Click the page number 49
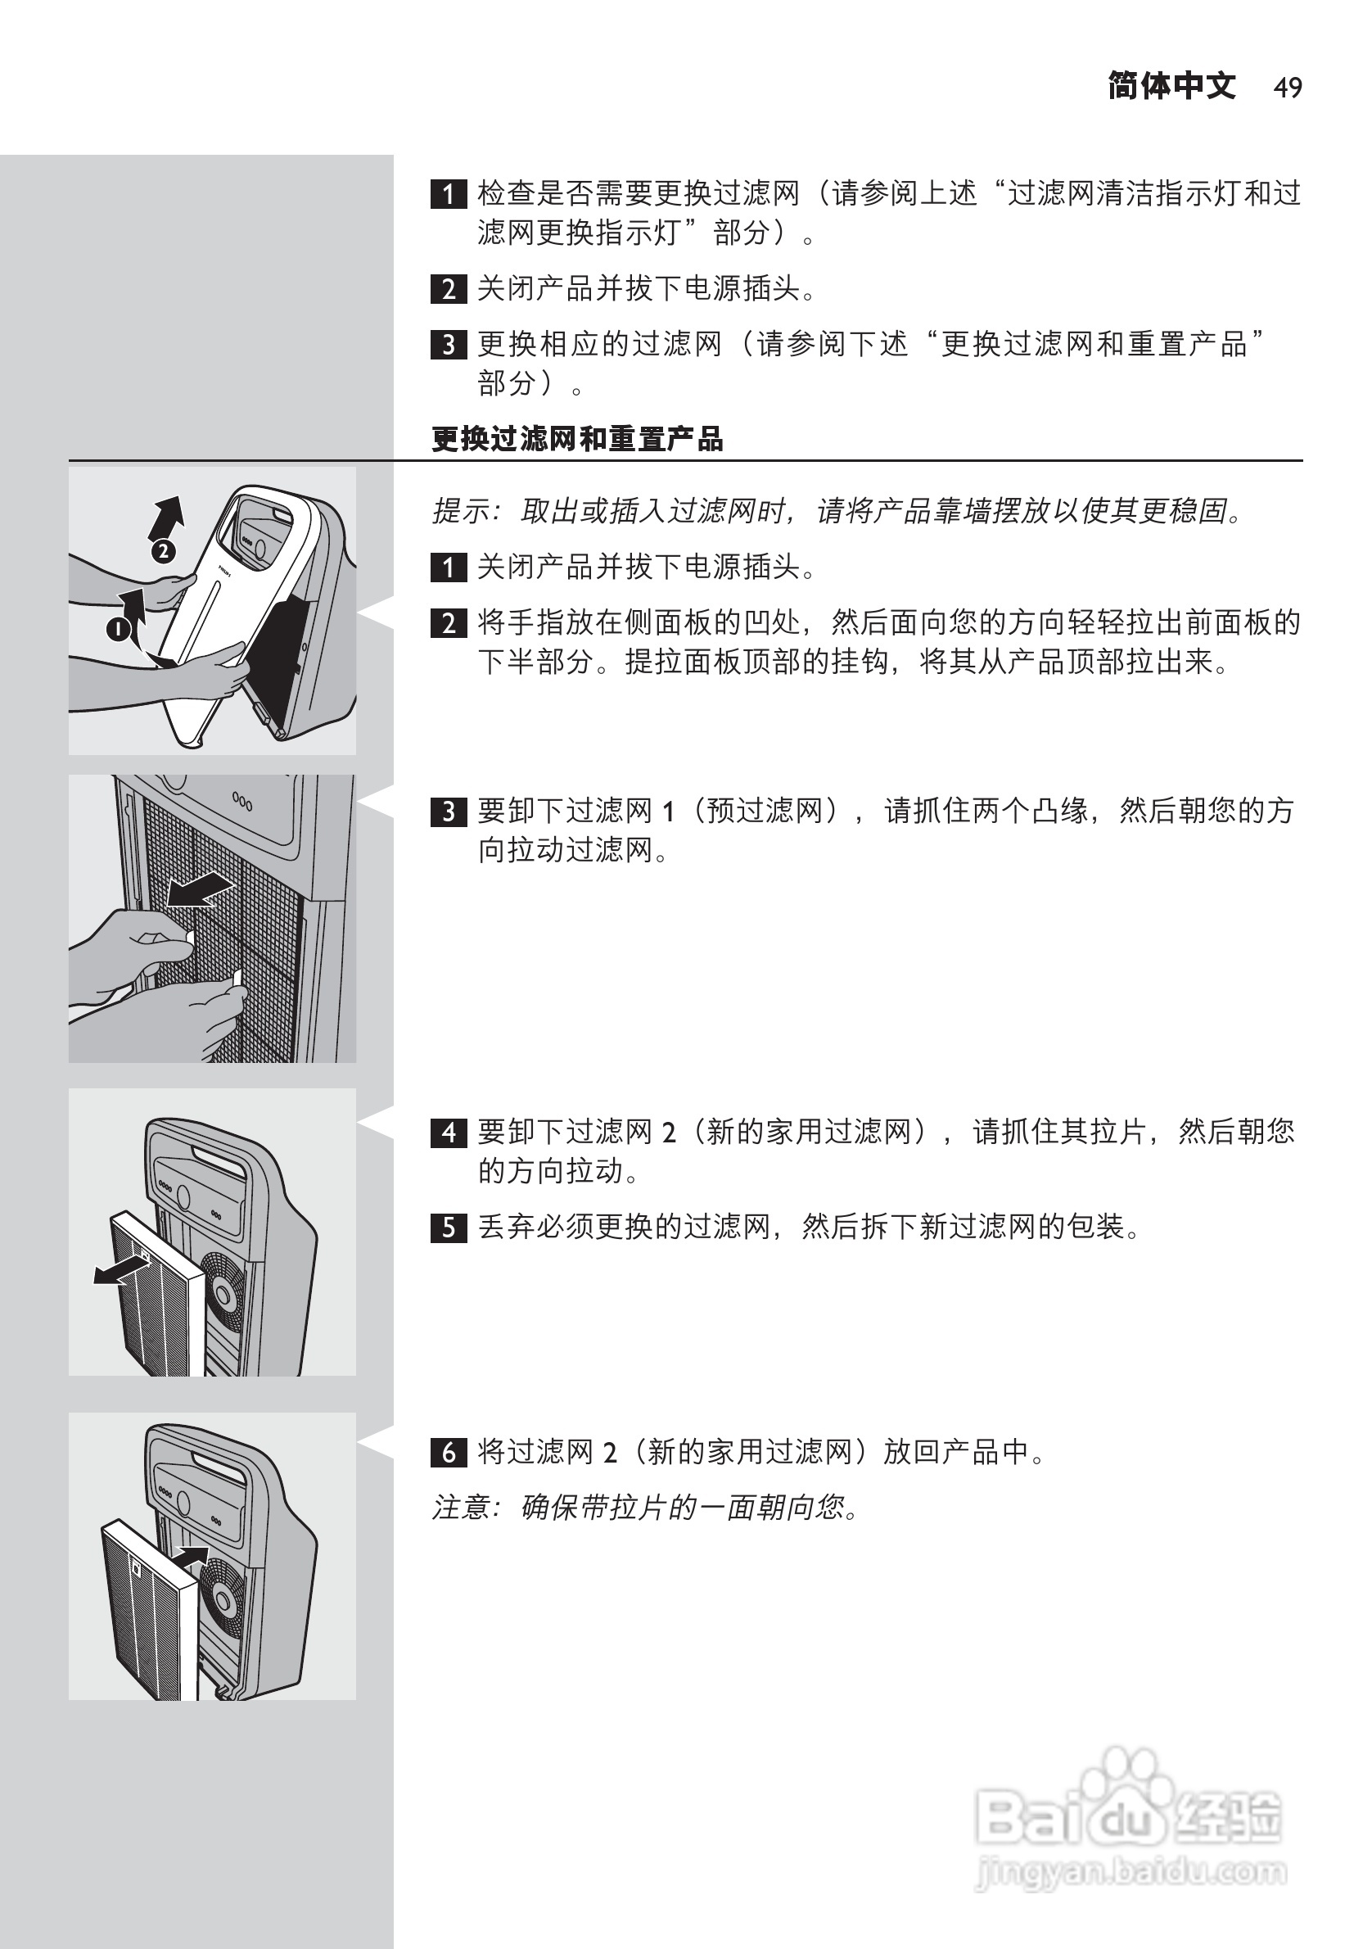[1287, 88]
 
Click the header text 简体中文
[1171, 87]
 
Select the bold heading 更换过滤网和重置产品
[577, 439]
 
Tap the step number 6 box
[449, 1453]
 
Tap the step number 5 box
[449, 1228]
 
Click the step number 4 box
[449, 1133]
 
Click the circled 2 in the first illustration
[163, 552]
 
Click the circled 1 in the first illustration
[118, 629]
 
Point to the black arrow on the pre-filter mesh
[200, 891]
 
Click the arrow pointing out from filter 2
[120, 1271]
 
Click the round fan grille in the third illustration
[225, 1294]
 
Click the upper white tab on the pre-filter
[189, 937]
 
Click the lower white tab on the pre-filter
[237, 978]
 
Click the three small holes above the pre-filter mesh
[241, 802]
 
